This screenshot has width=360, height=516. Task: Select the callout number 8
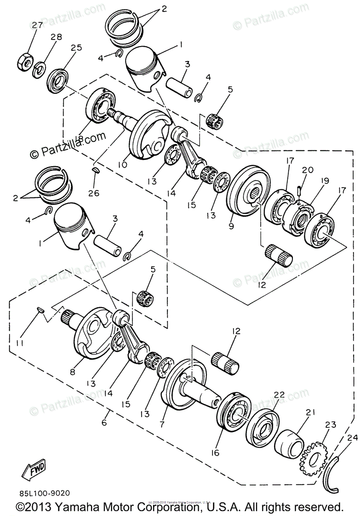click(72, 372)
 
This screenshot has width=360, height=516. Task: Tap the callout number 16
click(215, 453)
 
